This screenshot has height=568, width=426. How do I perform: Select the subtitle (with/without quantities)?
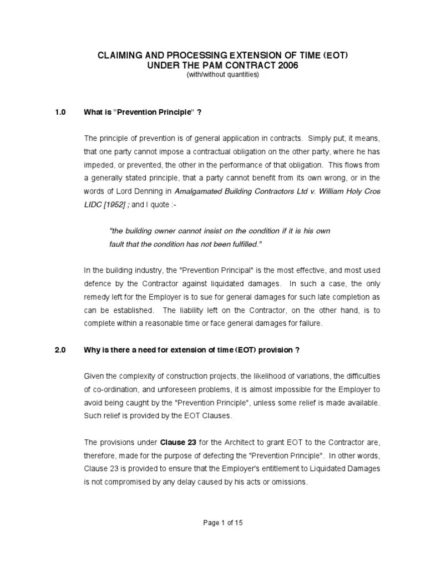[222, 75]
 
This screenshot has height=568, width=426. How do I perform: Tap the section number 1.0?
[60, 113]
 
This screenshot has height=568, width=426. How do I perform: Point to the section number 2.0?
[60, 350]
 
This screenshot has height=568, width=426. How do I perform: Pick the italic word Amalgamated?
[200, 191]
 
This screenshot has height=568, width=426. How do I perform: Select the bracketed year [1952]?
[114, 205]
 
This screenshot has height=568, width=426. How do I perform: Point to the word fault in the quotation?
[118, 244]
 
